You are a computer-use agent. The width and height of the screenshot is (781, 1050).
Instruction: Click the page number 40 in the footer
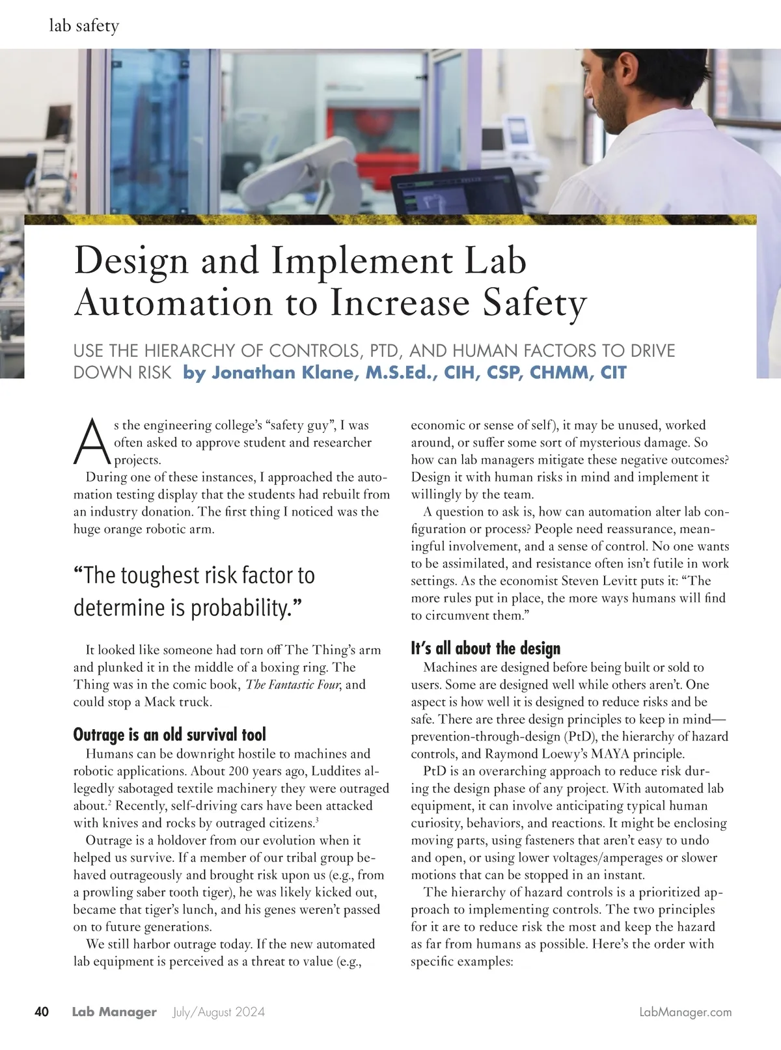42,1012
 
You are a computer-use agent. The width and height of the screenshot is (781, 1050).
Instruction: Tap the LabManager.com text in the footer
685,1012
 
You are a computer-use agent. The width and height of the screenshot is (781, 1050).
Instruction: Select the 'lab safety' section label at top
84,26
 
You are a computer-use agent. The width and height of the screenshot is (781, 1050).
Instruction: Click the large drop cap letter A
92,443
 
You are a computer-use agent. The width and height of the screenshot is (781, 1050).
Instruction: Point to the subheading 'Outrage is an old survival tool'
169,735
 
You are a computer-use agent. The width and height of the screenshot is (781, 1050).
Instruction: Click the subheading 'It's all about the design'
485,648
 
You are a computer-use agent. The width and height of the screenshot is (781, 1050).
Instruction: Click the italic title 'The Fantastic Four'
294,685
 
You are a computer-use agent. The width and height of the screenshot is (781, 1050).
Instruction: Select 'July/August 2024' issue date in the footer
219,1012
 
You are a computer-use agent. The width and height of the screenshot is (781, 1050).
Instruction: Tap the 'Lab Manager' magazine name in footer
114,1012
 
